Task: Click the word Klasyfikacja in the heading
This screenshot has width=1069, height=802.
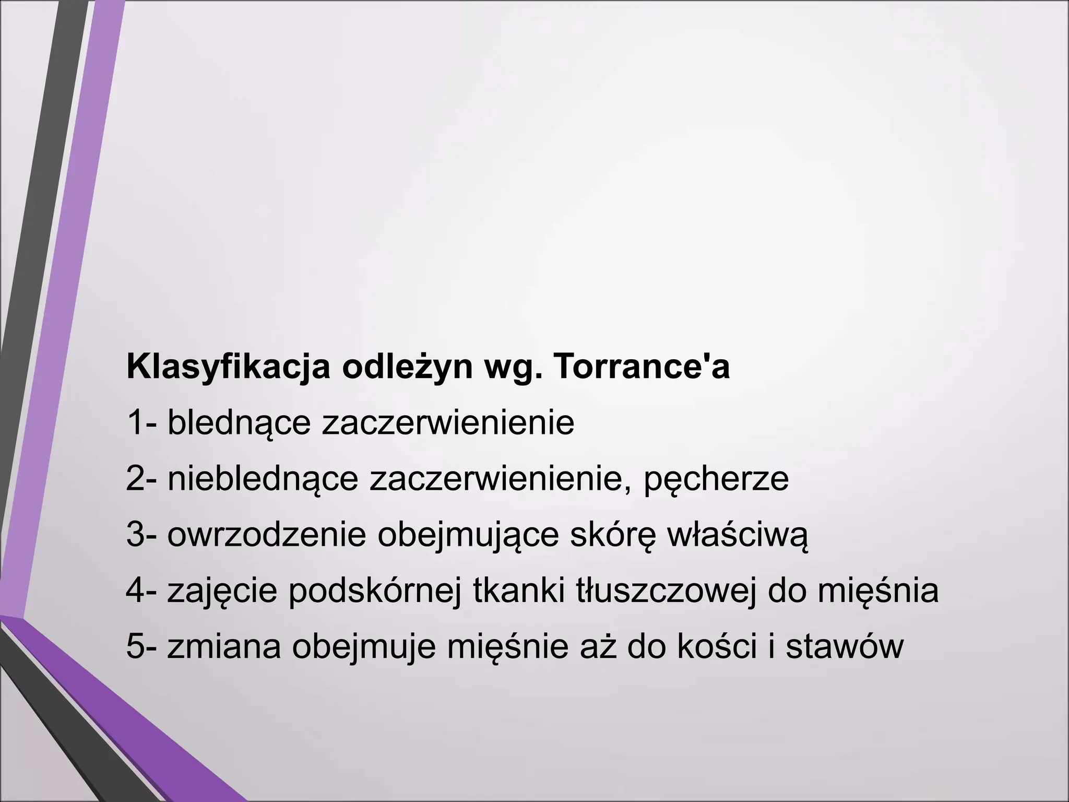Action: coord(229,368)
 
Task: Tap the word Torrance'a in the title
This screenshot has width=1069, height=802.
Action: coord(640,367)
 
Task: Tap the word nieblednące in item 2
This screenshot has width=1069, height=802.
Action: coord(263,479)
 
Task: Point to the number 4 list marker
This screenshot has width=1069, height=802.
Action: coord(135,591)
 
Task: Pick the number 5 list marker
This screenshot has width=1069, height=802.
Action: coord(135,647)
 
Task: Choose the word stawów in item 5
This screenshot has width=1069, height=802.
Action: coord(845,647)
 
